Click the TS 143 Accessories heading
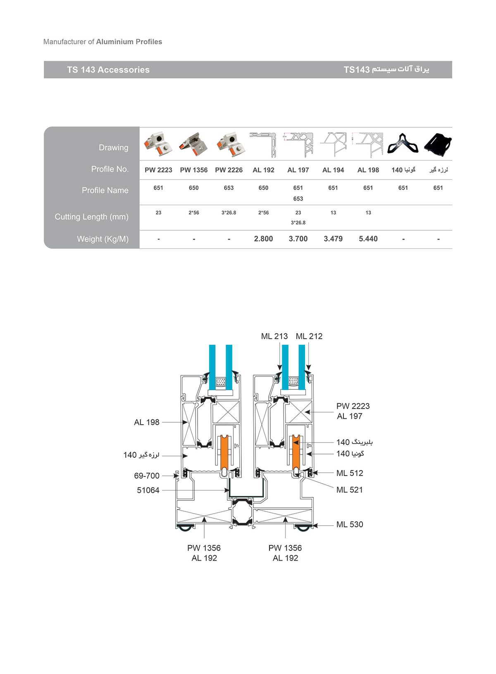coord(108,70)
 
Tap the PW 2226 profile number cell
coord(229,170)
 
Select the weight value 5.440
coord(368,239)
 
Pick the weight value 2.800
coord(263,239)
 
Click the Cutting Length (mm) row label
coord(91,217)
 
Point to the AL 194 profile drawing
coord(333,144)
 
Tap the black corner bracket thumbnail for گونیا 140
coord(403,143)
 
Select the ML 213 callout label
coord(274,336)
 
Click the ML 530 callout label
coord(350,524)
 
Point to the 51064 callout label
coord(148,490)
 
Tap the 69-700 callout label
coord(147,476)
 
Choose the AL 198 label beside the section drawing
coord(147,422)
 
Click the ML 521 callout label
coord(350,490)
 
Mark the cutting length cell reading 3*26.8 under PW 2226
coord(229,213)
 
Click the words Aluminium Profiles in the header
coord(129,41)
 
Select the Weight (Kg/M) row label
coord(103,239)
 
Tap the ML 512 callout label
coord(350,473)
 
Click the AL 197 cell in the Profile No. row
coord(298,170)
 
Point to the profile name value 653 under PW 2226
coord(229,188)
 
